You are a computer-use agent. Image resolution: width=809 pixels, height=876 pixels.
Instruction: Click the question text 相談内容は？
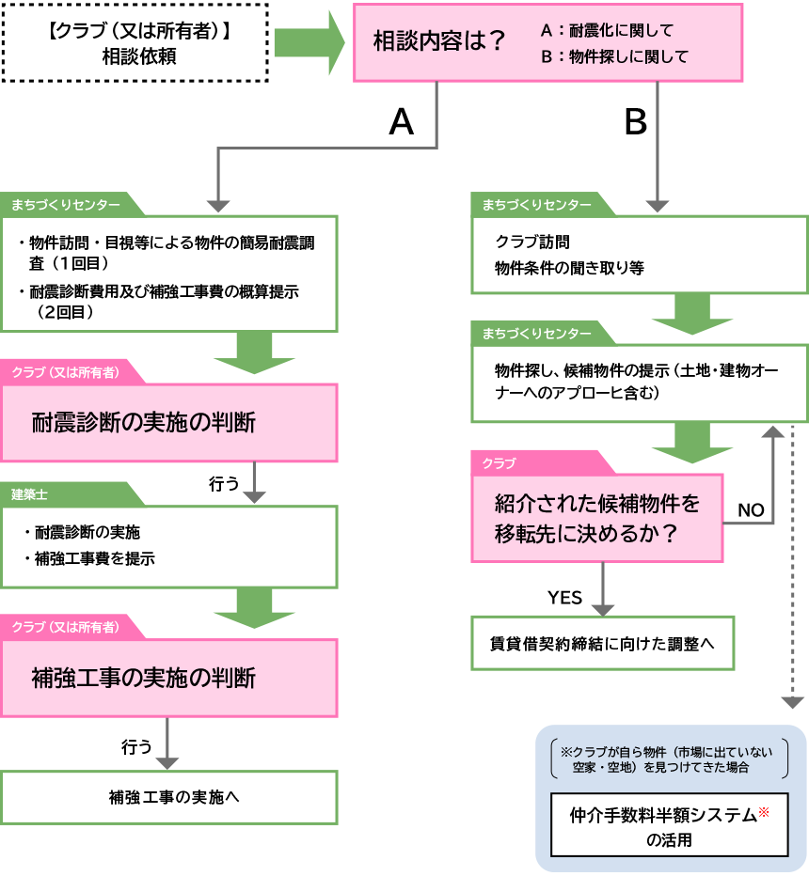[439, 42]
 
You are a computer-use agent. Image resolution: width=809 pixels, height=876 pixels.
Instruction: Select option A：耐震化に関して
[607, 31]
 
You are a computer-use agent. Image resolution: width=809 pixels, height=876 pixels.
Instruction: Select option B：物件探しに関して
[613, 57]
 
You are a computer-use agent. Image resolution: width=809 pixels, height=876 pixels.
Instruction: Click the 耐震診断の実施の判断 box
[169, 423]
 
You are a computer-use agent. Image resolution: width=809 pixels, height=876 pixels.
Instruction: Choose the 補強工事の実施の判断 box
[169, 678]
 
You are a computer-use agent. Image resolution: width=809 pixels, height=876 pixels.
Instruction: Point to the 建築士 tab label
[30, 494]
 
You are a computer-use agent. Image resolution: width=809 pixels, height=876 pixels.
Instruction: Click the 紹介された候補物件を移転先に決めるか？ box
[597, 518]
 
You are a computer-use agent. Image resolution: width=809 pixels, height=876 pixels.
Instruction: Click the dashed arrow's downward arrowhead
[792, 702]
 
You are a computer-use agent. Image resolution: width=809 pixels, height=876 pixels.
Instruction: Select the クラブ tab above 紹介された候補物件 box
[500, 463]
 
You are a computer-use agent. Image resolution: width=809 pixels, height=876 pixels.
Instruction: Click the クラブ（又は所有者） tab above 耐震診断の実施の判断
[66, 372]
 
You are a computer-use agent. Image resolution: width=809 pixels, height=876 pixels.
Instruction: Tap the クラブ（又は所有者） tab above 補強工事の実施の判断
[66, 627]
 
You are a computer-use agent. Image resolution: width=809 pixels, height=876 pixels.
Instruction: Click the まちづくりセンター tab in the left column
[66, 205]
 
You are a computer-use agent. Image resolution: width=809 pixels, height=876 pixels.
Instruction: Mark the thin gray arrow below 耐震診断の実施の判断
[254, 483]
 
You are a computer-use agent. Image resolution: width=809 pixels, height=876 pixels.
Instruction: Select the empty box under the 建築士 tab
[169, 547]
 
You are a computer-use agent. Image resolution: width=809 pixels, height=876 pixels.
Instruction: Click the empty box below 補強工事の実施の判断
[169, 797]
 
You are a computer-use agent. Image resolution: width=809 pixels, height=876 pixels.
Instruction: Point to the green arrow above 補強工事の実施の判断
[254, 610]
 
